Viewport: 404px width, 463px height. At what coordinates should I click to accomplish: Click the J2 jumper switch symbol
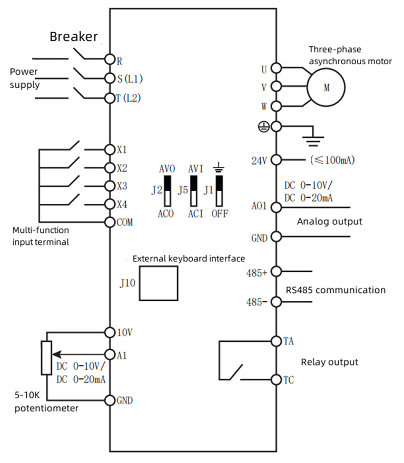[167, 191]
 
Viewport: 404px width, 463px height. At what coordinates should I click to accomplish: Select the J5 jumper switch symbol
[194, 191]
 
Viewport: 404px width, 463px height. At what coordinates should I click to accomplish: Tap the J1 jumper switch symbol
[219, 191]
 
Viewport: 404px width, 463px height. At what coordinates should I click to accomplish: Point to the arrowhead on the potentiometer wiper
[56, 354]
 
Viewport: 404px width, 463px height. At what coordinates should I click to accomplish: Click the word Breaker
[74, 37]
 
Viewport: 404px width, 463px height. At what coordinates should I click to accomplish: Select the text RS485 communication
[336, 290]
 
